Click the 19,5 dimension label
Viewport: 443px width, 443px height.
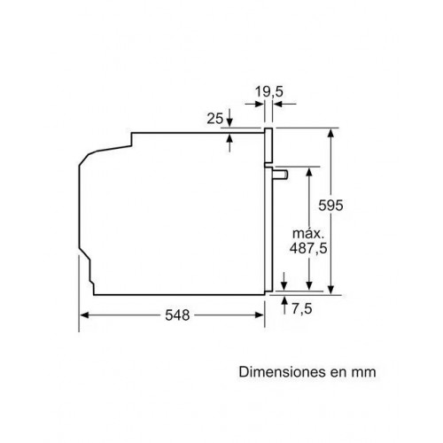click(268, 91)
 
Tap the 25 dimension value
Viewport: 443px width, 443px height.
click(214, 119)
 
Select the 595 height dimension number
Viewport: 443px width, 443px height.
click(330, 206)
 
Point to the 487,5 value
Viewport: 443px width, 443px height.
click(308, 248)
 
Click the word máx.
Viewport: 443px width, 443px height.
click(308, 233)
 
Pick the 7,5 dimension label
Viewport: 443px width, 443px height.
click(302, 309)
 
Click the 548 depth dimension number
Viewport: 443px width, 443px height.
click(177, 315)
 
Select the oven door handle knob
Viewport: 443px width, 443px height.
click(281, 175)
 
